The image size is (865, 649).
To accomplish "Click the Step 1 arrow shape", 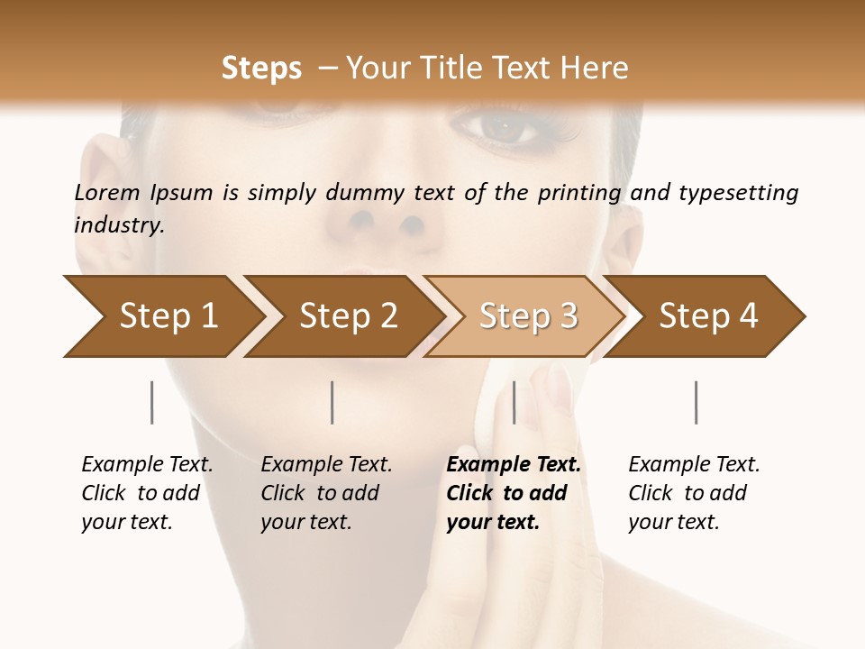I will point(162,316).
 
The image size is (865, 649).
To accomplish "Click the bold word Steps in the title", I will point(261,69).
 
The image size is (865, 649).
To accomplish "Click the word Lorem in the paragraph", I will point(107,193).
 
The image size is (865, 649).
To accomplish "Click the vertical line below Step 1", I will point(152,402).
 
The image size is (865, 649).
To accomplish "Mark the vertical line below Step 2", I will point(332,402).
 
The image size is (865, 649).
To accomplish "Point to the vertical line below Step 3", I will point(514,402).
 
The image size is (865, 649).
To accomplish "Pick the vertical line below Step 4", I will point(697,402).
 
